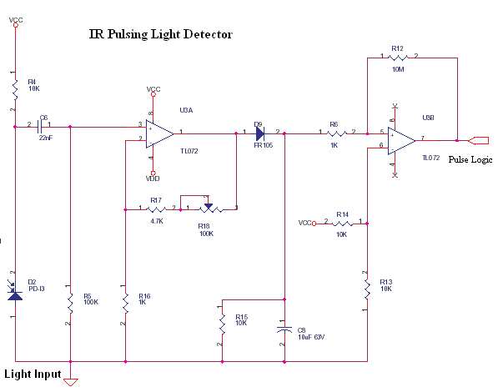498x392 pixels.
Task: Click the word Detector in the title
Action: click(208, 35)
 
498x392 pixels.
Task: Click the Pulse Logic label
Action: click(470, 158)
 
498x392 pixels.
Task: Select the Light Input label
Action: click(33, 374)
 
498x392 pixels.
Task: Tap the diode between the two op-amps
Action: click(260, 133)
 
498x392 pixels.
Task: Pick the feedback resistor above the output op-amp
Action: click(398, 58)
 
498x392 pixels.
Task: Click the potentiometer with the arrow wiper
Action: click(209, 208)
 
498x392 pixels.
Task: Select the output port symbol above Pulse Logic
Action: click(481, 139)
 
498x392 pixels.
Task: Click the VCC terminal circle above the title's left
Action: click(14, 24)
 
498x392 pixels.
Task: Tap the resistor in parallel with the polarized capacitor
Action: click(222, 321)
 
